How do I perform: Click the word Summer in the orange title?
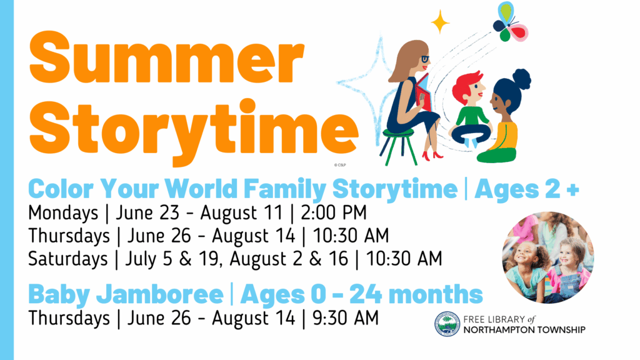coord(166,57)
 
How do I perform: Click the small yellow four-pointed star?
coord(440,22)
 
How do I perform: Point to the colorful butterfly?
coord(510,22)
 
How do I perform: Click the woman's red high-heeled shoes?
coord(432,156)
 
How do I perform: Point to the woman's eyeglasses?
coord(425,59)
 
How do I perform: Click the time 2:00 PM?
coord(334,212)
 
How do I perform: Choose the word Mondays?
coord(63,213)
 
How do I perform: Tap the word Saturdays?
coord(67,259)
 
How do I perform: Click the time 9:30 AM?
coord(345,318)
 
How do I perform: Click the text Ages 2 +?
coord(527,189)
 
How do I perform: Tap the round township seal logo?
coord(447,324)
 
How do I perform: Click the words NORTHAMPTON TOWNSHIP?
coord(524,330)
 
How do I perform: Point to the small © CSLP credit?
coord(339,165)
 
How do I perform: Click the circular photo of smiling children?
coord(548,257)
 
